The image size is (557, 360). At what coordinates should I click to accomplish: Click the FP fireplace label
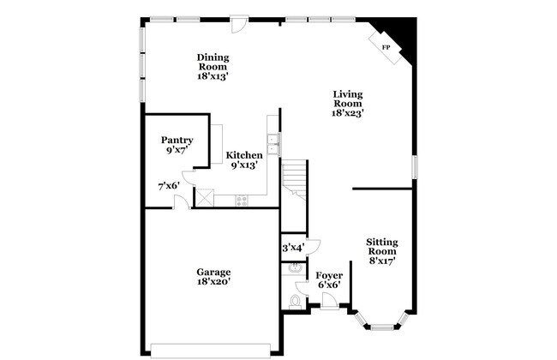point(386,46)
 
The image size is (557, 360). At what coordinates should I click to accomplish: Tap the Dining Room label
point(213,66)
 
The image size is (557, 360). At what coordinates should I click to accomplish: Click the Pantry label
point(177,145)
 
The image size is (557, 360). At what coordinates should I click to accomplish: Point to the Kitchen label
point(244,160)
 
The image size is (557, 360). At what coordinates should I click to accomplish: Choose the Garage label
point(213,276)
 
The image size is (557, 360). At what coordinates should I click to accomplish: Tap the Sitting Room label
point(381,251)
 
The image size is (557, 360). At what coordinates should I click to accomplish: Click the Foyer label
point(329,280)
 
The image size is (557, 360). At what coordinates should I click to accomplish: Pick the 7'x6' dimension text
point(169,186)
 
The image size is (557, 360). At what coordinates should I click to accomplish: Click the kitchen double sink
point(273,143)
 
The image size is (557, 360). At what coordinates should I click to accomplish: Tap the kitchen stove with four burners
point(242,201)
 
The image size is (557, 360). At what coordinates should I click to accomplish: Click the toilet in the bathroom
point(296,301)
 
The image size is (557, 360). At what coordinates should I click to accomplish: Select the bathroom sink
point(295,268)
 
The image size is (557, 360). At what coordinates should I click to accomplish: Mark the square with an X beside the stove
point(204,198)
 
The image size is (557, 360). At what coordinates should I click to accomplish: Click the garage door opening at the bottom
point(210,348)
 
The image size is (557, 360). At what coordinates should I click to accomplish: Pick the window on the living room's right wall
point(414,166)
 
